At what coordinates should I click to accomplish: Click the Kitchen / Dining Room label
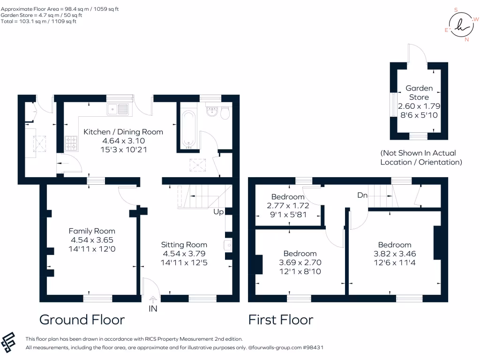point(123,132)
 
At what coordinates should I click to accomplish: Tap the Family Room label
point(92,231)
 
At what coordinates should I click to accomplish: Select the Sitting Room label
point(184,245)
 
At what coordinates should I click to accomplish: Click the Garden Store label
point(419,92)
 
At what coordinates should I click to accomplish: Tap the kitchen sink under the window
point(118,110)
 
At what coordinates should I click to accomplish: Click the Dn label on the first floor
point(362,195)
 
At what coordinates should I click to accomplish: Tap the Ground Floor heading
point(82,320)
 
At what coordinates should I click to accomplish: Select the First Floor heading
point(281,320)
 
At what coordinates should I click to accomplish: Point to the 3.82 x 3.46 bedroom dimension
point(395,254)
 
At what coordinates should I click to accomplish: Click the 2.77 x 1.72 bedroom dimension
point(288,205)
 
